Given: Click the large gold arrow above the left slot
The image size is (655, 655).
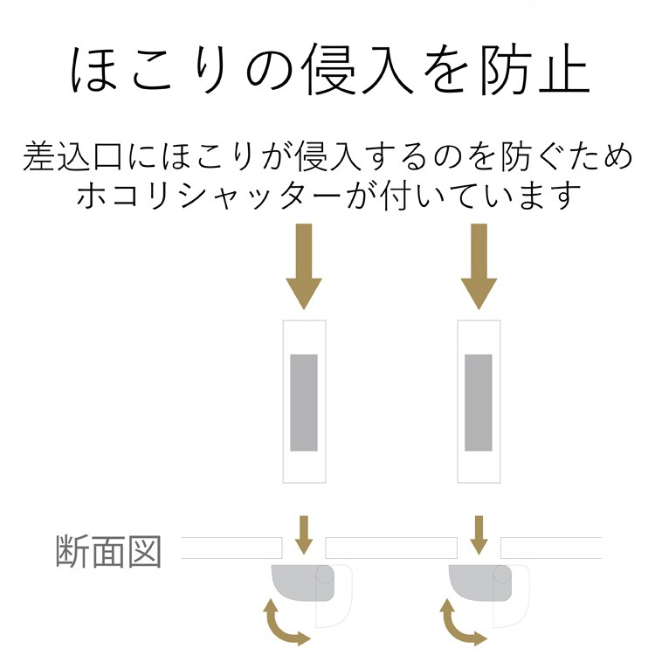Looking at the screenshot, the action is coord(304,266).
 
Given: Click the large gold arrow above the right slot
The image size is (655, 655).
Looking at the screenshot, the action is coord(479,266).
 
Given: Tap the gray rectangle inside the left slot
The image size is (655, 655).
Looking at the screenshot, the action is coord(304,403).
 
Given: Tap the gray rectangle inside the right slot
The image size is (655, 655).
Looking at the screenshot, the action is coord(479,403).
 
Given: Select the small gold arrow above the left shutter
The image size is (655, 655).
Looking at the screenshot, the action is coord(304,535).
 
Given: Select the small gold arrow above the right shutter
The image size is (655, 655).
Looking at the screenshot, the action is coord(479,535).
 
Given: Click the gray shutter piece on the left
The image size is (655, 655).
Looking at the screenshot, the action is coord(303,583).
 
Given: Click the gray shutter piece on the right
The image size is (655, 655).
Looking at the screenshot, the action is coord(480,583).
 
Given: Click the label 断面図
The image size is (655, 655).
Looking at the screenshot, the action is coord(108,551).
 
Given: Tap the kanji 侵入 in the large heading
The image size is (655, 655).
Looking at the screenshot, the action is coord(359,69).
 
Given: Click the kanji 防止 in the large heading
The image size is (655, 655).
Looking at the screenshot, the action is coord(534,69).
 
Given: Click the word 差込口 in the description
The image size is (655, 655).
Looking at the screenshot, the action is coord(73,156).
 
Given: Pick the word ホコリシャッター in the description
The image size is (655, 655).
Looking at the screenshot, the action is coord(210,196).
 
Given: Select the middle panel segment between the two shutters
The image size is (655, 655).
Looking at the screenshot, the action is coord(391,548).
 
